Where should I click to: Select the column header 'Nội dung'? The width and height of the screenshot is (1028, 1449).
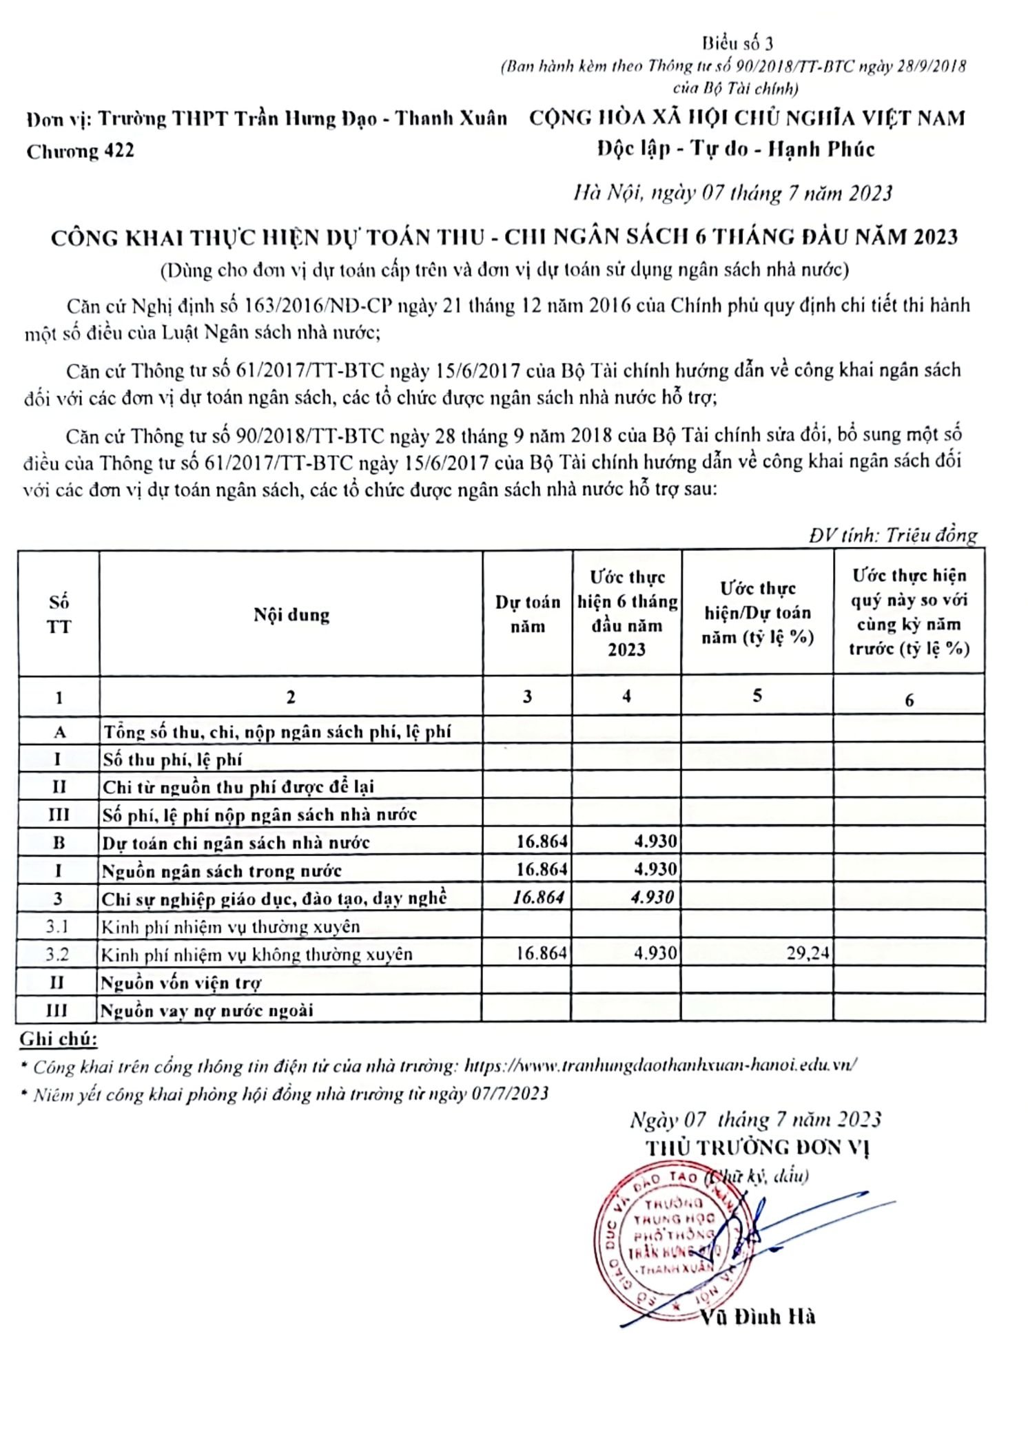[291, 614]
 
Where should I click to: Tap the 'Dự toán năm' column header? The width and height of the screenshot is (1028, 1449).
[527, 614]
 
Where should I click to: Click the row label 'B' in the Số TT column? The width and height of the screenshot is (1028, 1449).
[59, 842]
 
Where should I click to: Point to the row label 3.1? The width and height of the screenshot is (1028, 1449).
[58, 926]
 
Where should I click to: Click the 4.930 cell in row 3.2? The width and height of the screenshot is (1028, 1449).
[655, 954]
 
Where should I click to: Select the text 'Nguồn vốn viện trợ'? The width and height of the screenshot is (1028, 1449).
[181, 983]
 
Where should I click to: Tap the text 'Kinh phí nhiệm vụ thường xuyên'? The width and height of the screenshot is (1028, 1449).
[231, 927]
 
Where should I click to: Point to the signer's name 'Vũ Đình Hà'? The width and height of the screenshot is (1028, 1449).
[758, 1317]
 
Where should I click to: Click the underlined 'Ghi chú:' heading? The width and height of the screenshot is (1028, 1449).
[58, 1039]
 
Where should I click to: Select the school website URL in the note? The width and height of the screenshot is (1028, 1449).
[660, 1065]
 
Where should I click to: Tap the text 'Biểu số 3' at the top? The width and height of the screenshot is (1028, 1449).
[737, 44]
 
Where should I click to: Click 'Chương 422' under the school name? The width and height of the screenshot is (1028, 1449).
[81, 152]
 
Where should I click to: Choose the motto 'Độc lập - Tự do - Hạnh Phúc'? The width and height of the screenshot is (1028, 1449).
[735, 149]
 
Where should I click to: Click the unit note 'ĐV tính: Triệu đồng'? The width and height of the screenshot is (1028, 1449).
[893, 535]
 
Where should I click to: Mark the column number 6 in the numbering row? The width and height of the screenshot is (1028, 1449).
[909, 700]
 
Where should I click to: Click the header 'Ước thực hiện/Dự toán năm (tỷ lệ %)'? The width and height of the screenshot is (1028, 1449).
[757, 613]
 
